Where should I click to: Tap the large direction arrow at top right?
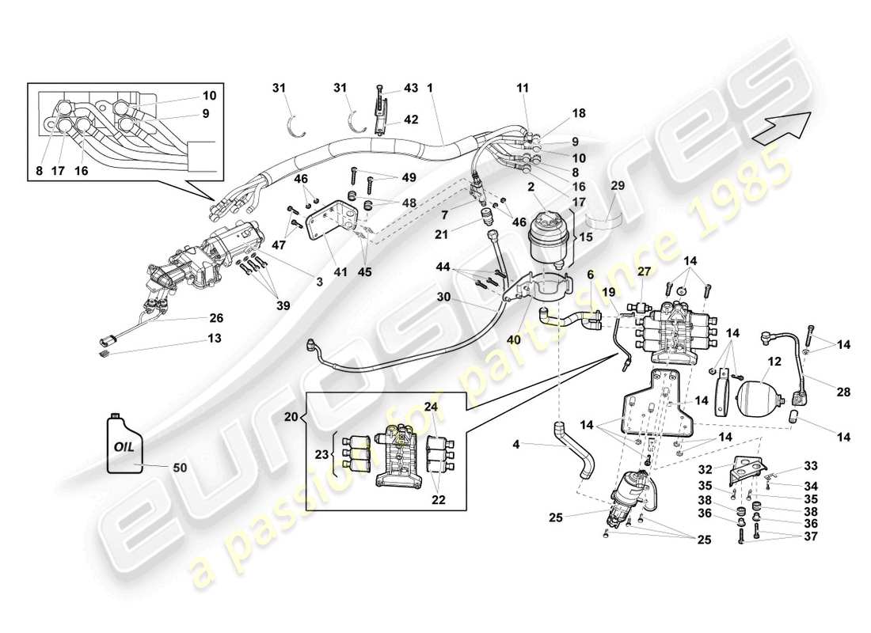[x=781, y=128]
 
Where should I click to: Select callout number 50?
[x=179, y=467]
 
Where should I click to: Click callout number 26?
[x=215, y=318]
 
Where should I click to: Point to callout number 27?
[x=644, y=272]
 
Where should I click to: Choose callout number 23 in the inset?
[x=322, y=454]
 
